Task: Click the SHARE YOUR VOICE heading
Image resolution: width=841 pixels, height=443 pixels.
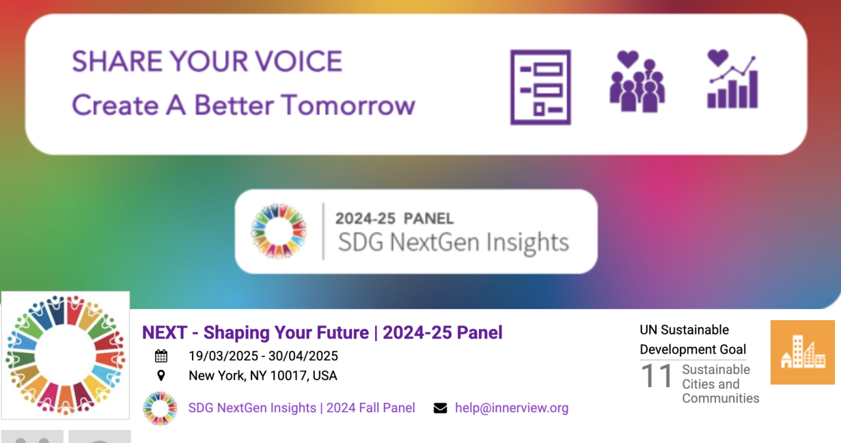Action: click(207, 61)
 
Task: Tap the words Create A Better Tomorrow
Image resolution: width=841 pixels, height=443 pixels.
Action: click(244, 105)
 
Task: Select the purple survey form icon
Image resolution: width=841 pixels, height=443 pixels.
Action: click(541, 87)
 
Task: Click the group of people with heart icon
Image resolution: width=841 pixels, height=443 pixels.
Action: click(637, 82)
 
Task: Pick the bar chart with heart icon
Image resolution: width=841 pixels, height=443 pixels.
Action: click(733, 80)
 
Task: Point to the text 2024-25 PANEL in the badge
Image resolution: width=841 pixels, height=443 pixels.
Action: click(394, 218)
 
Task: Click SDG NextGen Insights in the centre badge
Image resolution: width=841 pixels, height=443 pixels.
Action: click(453, 243)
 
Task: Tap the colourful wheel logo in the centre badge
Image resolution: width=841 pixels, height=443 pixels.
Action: click(279, 231)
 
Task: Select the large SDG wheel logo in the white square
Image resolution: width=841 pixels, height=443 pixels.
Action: click(65, 355)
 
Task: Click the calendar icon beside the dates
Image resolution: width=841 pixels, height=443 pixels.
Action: click(161, 356)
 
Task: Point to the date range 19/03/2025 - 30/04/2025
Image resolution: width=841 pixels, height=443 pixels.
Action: click(263, 356)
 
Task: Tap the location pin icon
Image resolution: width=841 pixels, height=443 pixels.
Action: click(161, 375)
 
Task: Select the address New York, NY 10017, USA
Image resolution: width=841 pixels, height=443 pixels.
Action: click(263, 375)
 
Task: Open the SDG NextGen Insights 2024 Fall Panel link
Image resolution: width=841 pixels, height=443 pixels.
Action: click(302, 408)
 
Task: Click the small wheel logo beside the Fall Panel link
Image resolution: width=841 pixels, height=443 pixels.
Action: click(160, 408)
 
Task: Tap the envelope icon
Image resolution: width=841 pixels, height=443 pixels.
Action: click(440, 408)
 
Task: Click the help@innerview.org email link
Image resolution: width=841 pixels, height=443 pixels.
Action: click(512, 408)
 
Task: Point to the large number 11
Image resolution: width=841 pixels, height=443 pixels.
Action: click(656, 375)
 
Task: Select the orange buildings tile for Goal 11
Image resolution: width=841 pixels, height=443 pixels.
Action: click(803, 352)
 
